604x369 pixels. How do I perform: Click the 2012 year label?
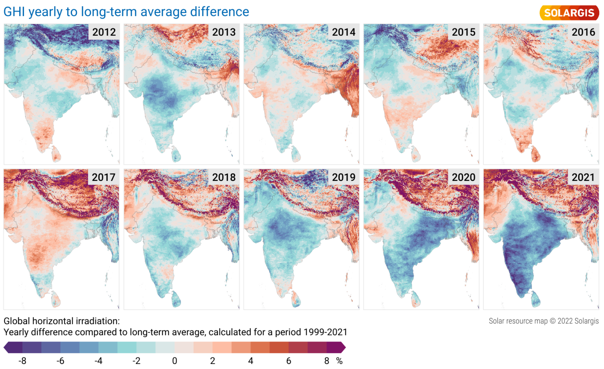pyautogui.click(x=104, y=32)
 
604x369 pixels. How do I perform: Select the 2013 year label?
pyautogui.click(x=224, y=32)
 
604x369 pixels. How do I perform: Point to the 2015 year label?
pyautogui.click(x=463, y=32)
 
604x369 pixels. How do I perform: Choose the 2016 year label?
pyautogui.click(x=583, y=32)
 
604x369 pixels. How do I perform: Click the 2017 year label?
pyautogui.click(x=103, y=177)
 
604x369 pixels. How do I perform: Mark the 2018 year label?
pyautogui.click(x=224, y=177)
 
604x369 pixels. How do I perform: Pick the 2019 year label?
pyautogui.click(x=343, y=177)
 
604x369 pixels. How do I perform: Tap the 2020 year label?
pyautogui.click(x=463, y=177)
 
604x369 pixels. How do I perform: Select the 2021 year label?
pyautogui.click(x=583, y=177)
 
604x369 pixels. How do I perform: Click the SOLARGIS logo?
pyautogui.click(x=569, y=13)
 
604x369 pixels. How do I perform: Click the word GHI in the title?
pyautogui.click(x=14, y=12)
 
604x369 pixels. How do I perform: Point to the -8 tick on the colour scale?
pyautogui.click(x=22, y=361)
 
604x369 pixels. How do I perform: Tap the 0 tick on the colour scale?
pyautogui.click(x=175, y=361)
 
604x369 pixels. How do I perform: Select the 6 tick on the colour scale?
pyautogui.click(x=289, y=361)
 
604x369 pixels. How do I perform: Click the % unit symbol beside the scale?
pyautogui.click(x=339, y=361)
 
